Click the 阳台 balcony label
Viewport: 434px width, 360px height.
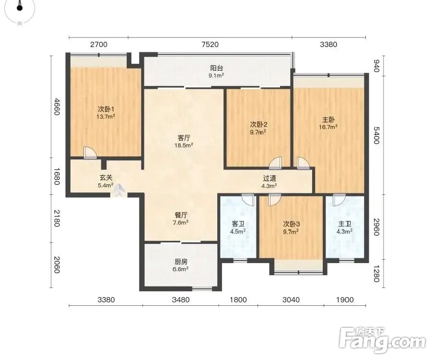pos(216,68)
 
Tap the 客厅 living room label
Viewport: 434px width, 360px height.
pos(184,138)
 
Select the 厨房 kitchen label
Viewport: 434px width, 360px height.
pos(181,262)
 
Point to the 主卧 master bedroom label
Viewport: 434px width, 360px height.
pos(328,120)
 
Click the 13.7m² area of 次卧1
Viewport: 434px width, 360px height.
pos(106,117)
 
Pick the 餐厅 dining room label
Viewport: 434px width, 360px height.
pos(181,215)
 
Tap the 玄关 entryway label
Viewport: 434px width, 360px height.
pos(106,178)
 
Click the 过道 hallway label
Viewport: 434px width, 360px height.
pos(270,178)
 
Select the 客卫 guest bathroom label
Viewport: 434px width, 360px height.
pos(238,224)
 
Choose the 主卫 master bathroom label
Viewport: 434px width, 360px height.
pos(345,224)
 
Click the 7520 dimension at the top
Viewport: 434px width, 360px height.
pos(210,44)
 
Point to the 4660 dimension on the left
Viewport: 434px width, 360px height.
pos(57,107)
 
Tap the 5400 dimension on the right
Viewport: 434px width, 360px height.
pos(376,135)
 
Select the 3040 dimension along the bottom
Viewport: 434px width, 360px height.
pos(291,300)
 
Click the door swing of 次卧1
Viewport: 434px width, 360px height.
pos(90,153)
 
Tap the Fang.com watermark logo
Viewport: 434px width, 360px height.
pos(382,340)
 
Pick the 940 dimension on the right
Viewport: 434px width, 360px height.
pos(376,66)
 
